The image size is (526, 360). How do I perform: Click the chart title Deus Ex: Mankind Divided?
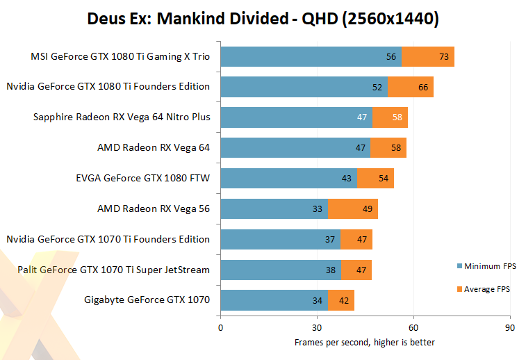(263, 19)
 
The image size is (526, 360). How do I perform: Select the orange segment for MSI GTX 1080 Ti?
(427, 57)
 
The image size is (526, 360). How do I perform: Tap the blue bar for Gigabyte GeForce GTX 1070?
(274, 300)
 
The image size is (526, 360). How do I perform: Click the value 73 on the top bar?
(444, 57)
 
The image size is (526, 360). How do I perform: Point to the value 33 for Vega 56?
(318, 208)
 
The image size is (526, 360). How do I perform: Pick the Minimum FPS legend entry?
(486, 266)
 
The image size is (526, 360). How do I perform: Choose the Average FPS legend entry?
(486, 289)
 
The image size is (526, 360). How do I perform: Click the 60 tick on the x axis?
(413, 327)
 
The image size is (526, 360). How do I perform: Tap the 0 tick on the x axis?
(221, 327)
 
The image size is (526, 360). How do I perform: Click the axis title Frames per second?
(365, 342)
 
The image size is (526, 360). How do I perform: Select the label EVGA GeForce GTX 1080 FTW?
(142, 178)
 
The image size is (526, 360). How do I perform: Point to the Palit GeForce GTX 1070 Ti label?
(114, 270)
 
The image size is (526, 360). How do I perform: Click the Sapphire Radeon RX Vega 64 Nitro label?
(122, 117)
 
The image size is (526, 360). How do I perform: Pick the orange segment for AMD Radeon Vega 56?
(353, 208)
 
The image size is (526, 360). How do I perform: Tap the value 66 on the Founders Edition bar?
(423, 87)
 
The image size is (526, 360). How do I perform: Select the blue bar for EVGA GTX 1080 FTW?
(288, 178)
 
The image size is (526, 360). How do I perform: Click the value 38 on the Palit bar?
(331, 270)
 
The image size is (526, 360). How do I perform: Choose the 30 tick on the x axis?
(317, 327)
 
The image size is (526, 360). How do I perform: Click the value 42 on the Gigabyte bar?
(344, 300)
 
